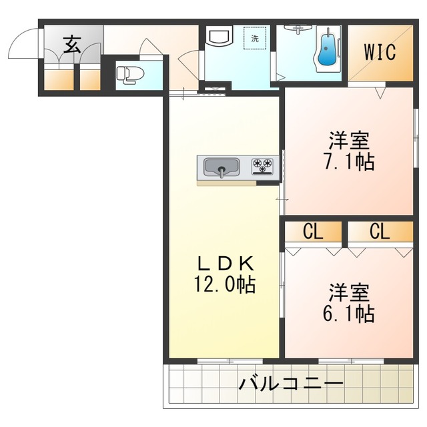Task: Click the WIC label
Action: (x=380, y=52)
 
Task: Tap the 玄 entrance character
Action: (x=72, y=45)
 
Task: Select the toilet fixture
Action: (x=131, y=75)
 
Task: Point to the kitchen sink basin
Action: (x=222, y=167)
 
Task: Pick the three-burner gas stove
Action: (x=262, y=166)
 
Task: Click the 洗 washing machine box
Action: (x=255, y=38)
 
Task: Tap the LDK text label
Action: (x=226, y=264)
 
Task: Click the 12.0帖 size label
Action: (x=225, y=285)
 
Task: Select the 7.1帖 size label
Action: (x=350, y=161)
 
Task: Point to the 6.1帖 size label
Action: (x=349, y=314)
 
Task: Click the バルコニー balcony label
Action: (x=291, y=384)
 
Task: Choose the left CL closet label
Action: (x=313, y=232)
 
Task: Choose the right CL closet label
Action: (x=380, y=232)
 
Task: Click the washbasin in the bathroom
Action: (x=298, y=29)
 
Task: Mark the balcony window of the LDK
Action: (x=230, y=362)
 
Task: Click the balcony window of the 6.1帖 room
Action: (x=352, y=362)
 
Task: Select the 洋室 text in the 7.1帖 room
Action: (x=350, y=141)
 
